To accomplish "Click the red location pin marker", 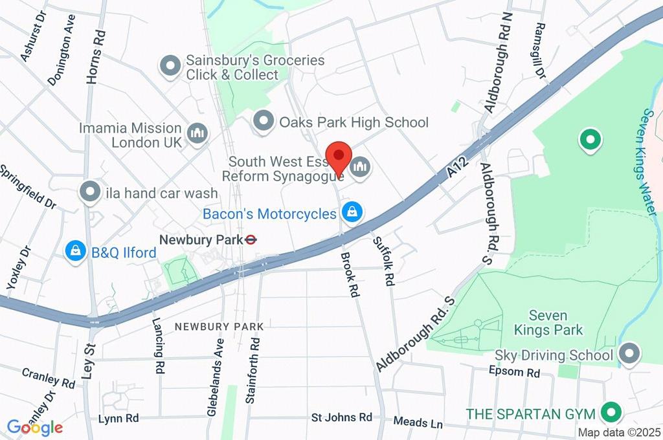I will (339, 158).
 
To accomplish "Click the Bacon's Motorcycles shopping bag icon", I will (352, 212).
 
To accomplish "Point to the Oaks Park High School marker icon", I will (263, 120).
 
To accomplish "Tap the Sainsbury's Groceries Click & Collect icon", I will (170, 66).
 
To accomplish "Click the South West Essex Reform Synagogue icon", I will (359, 168).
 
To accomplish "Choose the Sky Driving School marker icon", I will (627, 354).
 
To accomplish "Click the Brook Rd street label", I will (350, 274).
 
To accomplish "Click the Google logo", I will (35, 427).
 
